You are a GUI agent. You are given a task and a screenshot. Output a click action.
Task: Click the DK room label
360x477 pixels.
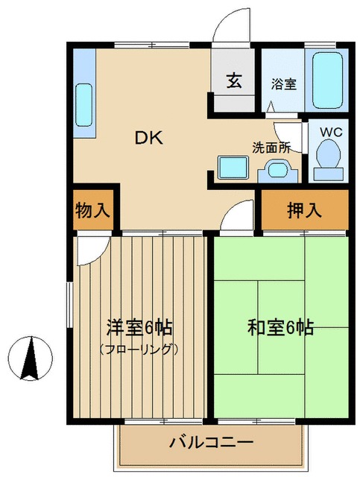(148, 138)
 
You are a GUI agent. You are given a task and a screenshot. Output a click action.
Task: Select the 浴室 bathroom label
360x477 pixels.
(283, 84)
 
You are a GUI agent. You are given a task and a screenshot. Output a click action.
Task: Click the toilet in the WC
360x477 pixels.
(328, 157)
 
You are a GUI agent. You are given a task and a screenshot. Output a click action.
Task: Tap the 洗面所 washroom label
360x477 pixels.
(271, 147)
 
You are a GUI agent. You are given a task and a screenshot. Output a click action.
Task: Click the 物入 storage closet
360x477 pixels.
(93, 210)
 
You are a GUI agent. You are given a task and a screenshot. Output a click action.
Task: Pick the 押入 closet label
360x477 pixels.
(304, 210)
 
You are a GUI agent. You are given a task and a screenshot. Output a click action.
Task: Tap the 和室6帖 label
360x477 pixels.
(280, 327)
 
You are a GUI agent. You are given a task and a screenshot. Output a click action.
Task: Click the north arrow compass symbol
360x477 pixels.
(30, 358)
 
